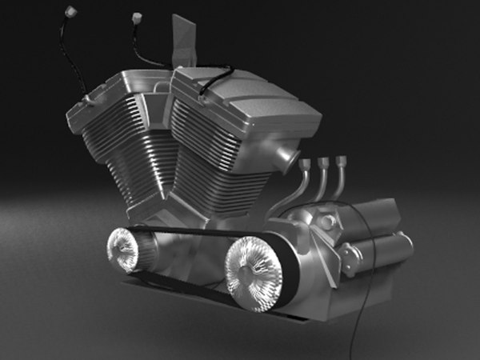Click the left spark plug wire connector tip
70,11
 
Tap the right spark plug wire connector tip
134,16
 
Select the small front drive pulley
124,249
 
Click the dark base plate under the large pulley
264,308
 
